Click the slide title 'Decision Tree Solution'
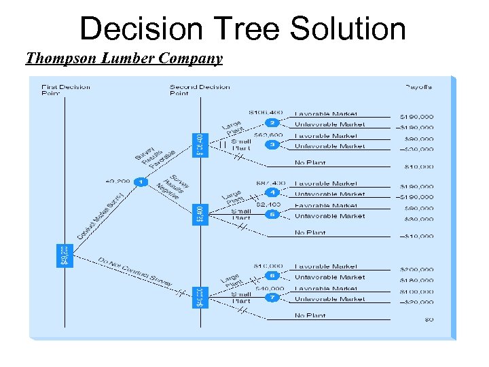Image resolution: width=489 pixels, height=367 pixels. pos(242,29)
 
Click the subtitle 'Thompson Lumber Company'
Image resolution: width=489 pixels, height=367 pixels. pos(124,58)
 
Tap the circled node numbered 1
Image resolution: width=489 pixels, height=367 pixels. pos(141,181)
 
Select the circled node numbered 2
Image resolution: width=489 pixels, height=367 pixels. pos(272,123)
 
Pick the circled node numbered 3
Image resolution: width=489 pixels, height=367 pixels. pos(272,144)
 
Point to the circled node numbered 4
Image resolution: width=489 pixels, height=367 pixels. pos(272,192)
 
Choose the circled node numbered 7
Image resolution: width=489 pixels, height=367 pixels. pos(272,297)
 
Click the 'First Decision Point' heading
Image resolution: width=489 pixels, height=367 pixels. pos(65,90)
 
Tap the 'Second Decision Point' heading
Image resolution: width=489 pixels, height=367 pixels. pos(200,90)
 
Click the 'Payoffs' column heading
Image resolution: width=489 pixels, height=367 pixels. pos(418,87)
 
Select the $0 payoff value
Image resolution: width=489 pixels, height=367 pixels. pos(429,319)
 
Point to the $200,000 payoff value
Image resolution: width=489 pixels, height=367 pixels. pos(416,270)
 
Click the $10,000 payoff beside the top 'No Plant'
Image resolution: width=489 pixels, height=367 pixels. pos(418,166)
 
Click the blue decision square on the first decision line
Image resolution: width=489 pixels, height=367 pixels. pos(62,255)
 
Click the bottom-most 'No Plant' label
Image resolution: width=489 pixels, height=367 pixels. pos(310,315)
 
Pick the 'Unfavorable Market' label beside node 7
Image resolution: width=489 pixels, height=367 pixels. pos(329,299)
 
